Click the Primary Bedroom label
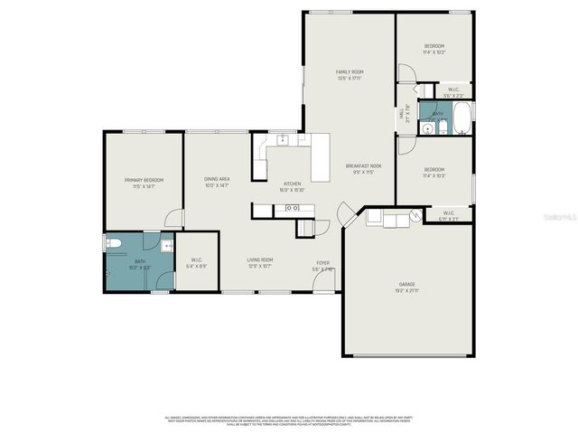tap(143, 180)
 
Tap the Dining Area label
tap(217, 179)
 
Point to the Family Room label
tap(350, 71)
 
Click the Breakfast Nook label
tap(363, 166)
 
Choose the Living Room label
tap(260, 260)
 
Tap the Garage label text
tap(408, 285)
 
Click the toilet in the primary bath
tap(113, 242)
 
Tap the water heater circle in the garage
tap(415, 215)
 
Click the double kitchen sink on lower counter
tap(293, 209)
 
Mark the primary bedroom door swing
tap(175, 220)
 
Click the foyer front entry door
tap(323, 284)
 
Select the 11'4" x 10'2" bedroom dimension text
tap(434, 52)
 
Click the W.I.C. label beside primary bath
tap(196, 261)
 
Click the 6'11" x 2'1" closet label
tap(449, 218)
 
